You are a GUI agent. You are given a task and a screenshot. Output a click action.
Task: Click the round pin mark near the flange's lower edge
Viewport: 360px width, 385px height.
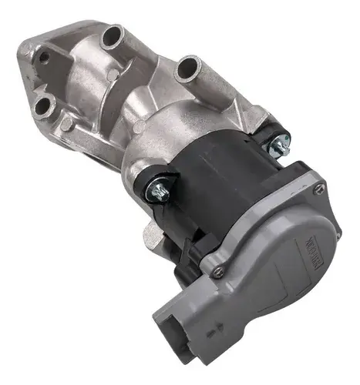coord(68,123)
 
